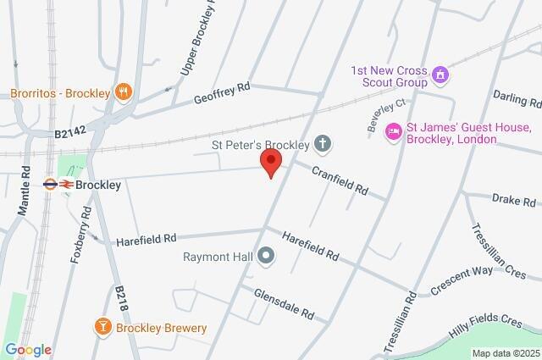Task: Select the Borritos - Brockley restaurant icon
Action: click(124, 91)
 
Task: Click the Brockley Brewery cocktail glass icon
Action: click(103, 328)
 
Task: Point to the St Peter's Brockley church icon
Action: click(322, 144)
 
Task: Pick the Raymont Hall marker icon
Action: click(266, 255)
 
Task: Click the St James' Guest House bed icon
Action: click(393, 130)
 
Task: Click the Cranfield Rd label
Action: click(339, 180)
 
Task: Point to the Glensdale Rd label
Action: click(284, 303)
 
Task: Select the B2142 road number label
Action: click(72, 133)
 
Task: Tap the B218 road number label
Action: click(121, 299)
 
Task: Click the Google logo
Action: click(28, 350)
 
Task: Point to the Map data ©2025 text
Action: click(506, 353)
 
